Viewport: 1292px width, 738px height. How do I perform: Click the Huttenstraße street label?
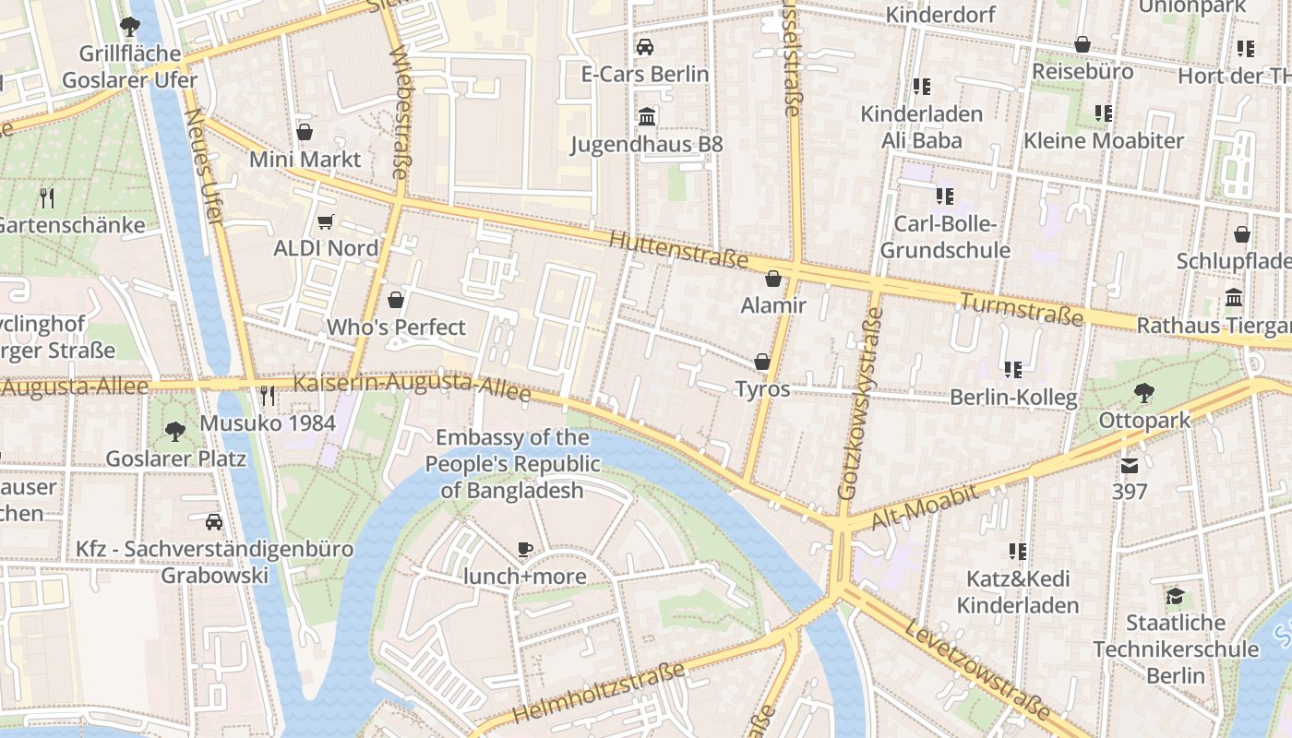(x=678, y=250)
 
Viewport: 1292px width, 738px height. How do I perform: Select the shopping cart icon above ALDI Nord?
(x=325, y=221)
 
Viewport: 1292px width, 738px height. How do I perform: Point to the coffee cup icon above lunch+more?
(x=525, y=550)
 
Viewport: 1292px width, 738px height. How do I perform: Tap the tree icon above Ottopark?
(x=1143, y=393)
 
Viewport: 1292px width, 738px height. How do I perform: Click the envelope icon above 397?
(x=1130, y=465)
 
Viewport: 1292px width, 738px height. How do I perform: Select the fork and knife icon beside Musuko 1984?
(x=268, y=396)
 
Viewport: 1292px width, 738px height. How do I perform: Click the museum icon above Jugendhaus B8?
(x=646, y=117)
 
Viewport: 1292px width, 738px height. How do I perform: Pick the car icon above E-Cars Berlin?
(x=645, y=46)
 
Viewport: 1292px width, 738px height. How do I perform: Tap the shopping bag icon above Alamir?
(x=773, y=279)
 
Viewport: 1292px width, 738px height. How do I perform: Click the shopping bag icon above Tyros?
(x=762, y=362)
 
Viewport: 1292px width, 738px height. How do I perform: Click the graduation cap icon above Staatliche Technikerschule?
(x=1174, y=596)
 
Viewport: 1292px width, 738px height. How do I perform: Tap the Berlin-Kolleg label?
(x=1013, y=399)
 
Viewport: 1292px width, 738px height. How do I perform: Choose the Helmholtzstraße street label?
(x=599, y=693)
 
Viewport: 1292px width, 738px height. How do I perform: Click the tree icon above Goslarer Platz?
(x=174, y=431)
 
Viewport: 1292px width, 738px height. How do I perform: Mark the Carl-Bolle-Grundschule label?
(x=945, y=237)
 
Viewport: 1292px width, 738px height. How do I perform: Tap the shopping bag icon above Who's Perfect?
(x=396, y=300)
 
